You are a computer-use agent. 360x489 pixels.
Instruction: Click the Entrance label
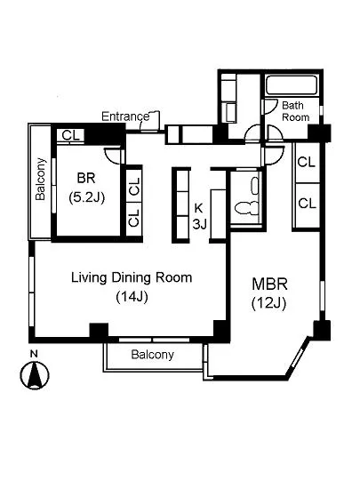click(125, 116)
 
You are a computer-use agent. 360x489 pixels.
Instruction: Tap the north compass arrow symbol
click(35, 375)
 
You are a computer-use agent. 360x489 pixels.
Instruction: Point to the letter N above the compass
click(35, 354)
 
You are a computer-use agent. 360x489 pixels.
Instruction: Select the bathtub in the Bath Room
click(292, 84)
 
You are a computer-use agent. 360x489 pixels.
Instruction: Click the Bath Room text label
click(295, 111)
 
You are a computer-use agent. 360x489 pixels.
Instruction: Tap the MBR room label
click(269, 285)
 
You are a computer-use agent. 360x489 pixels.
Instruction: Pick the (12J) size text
click(268, 303)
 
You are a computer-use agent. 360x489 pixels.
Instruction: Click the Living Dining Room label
click(132, 277)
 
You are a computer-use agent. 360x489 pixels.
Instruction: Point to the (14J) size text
click(132, 297)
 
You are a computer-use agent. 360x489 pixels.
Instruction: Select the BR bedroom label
click(86, 178)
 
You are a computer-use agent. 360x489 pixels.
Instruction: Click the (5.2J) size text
click(86, 197)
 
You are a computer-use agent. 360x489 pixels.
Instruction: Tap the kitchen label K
click(198, 208)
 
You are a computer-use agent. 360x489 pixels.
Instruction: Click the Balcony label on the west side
click(41, 179)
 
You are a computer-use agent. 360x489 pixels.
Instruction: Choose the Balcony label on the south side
click(152, 355)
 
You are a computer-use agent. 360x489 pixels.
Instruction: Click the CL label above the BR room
click(71, 136)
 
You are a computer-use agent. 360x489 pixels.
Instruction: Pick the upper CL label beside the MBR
click(307, 162)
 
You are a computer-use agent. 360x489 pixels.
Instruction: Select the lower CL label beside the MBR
click(307, 204)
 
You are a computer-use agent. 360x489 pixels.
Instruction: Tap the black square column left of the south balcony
click(99, 332)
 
